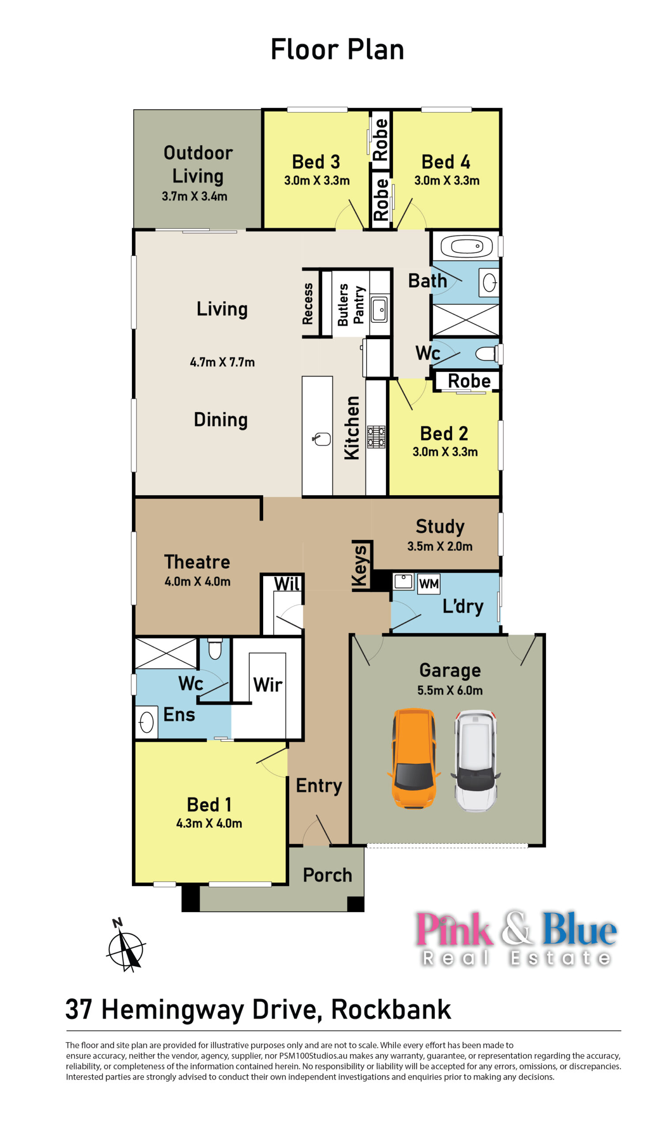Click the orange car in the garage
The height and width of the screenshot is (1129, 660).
coord(413,759)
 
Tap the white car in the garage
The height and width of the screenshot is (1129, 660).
coord(476,760)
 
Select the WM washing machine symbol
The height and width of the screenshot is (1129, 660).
coord(429,584)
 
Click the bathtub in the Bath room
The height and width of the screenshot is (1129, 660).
coord(466,246)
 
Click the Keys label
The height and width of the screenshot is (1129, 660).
coord(360,566)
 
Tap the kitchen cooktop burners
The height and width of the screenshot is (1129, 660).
coord(376,437)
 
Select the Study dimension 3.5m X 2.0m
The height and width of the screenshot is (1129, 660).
coord(440,546)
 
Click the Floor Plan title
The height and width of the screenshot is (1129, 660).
coord(337,49)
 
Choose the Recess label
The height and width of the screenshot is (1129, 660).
coord(308,304)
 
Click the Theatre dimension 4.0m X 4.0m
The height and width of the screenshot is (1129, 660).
coord(197,582)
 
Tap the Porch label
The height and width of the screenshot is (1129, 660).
coord(327,875)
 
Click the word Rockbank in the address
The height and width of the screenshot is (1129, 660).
coord(391,1009)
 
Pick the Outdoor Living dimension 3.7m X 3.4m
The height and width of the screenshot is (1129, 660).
coord(195,196)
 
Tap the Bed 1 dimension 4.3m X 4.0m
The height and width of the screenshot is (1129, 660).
coord(209,823)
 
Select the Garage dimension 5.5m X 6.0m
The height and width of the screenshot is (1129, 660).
coord(450,690)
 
